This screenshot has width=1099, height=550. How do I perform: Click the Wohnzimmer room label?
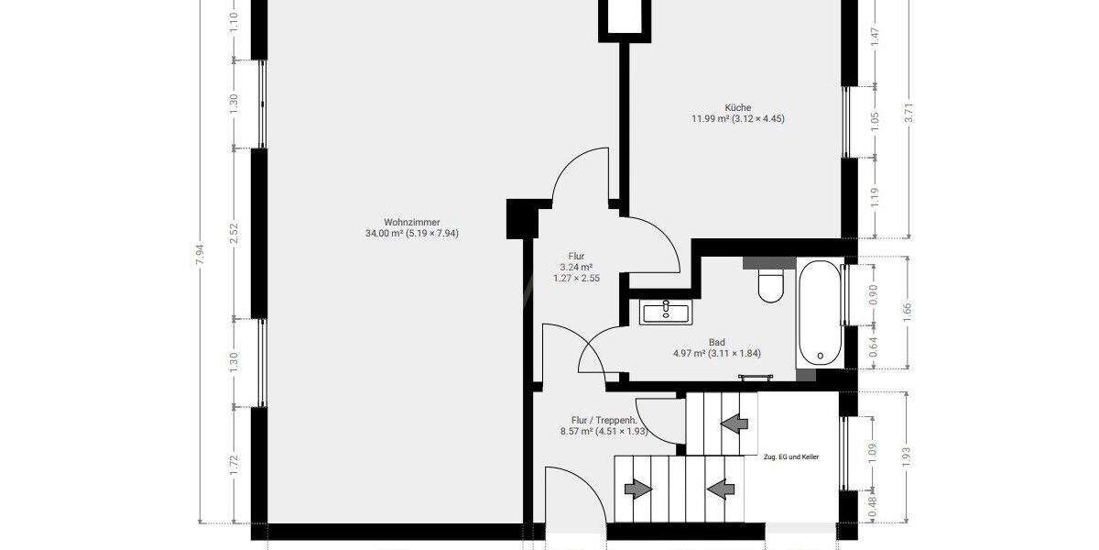(411, 222)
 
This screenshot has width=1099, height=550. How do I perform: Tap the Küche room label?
(737, 107)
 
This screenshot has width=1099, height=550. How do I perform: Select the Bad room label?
(717, 342)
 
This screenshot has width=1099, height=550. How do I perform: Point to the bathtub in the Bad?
(818, 312)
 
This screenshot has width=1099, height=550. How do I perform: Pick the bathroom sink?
(667, 312)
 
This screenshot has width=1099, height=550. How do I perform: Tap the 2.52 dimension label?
(234, 233)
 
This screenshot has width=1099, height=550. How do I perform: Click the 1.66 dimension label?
(909, 312)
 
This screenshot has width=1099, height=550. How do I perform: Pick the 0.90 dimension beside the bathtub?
(874, 293)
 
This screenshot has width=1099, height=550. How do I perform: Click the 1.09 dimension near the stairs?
(874, 452)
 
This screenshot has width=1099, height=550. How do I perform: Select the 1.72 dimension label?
(234, 465)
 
